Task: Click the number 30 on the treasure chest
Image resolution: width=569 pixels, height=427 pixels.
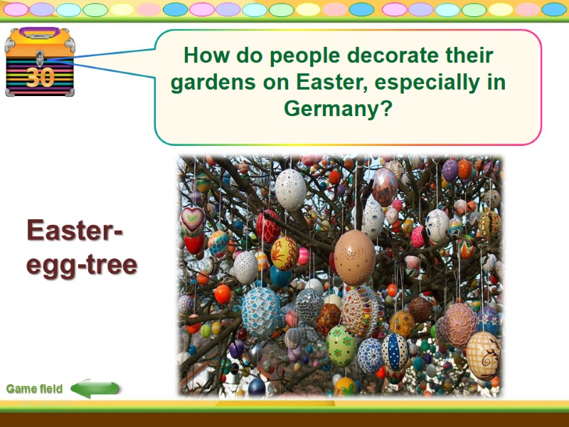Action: tap(40, 77)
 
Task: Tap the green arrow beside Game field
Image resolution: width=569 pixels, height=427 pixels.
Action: tap(95, 389)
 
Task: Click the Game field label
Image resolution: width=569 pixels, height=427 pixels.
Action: tap(34, 389)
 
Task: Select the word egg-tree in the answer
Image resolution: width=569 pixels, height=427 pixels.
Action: tap(82, 265)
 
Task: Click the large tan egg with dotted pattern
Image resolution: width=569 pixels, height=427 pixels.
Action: tap(354, 257)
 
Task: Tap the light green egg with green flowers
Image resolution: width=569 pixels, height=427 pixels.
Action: tap(341, 345)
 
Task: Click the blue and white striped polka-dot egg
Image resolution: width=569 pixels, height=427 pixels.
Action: tap(395, 352)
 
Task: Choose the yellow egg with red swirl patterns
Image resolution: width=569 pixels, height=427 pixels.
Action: tap(284, 253)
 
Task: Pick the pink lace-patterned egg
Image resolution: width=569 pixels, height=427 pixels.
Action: tap(460, 324)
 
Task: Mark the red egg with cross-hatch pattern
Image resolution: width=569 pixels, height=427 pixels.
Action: tap(268, 226)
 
